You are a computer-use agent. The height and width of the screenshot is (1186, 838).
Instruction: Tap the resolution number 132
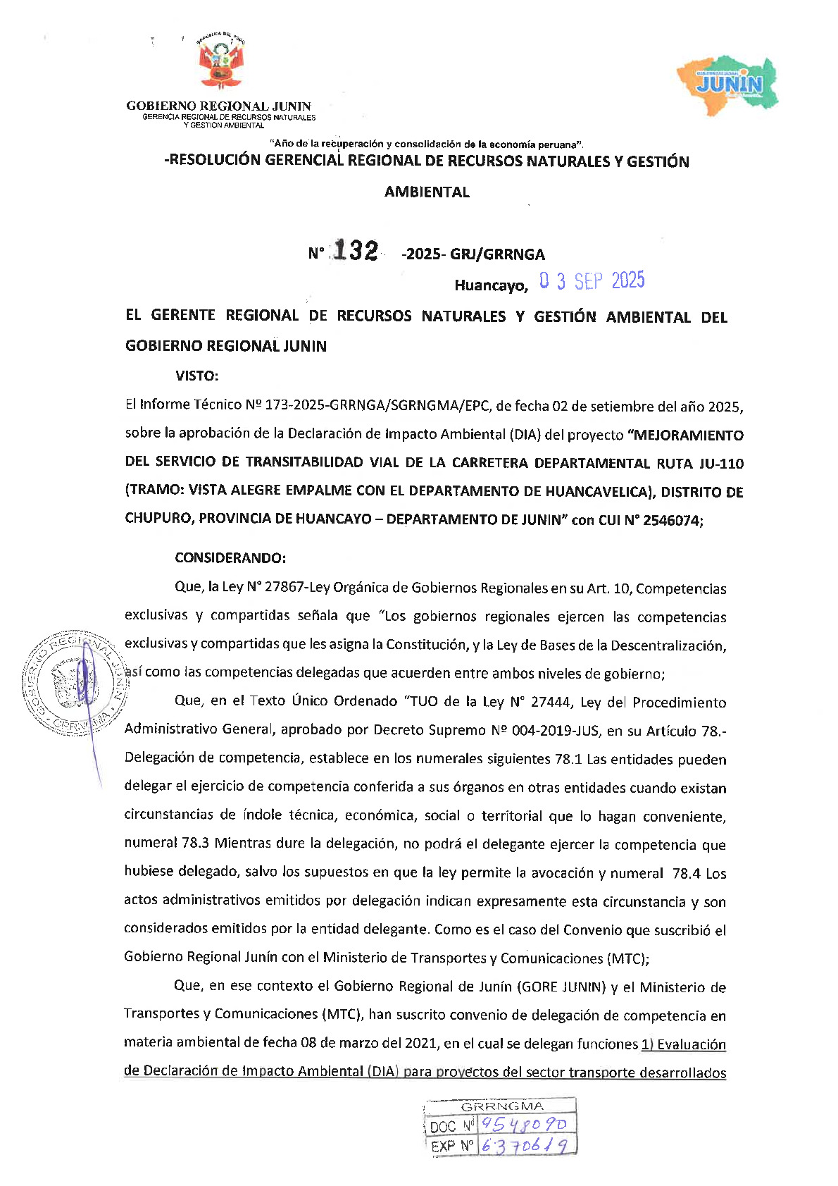(356, 251)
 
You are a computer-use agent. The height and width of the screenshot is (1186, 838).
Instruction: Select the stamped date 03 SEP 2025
(592, 281)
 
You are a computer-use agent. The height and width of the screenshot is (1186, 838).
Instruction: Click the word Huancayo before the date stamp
(490, 285)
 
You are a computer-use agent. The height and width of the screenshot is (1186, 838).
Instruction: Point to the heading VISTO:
(197, 376)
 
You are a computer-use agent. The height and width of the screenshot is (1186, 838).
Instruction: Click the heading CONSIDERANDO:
(230, 558)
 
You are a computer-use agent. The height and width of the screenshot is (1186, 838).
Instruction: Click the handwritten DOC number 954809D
(526, 1123)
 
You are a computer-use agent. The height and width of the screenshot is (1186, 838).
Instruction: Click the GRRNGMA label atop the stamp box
(502, 1106)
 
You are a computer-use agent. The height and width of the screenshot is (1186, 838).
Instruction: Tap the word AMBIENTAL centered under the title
(427, 192)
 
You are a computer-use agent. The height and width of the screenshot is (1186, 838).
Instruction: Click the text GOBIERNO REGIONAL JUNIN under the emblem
(218, 106)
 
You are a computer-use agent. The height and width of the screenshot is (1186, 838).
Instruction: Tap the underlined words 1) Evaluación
(683, 1044)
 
